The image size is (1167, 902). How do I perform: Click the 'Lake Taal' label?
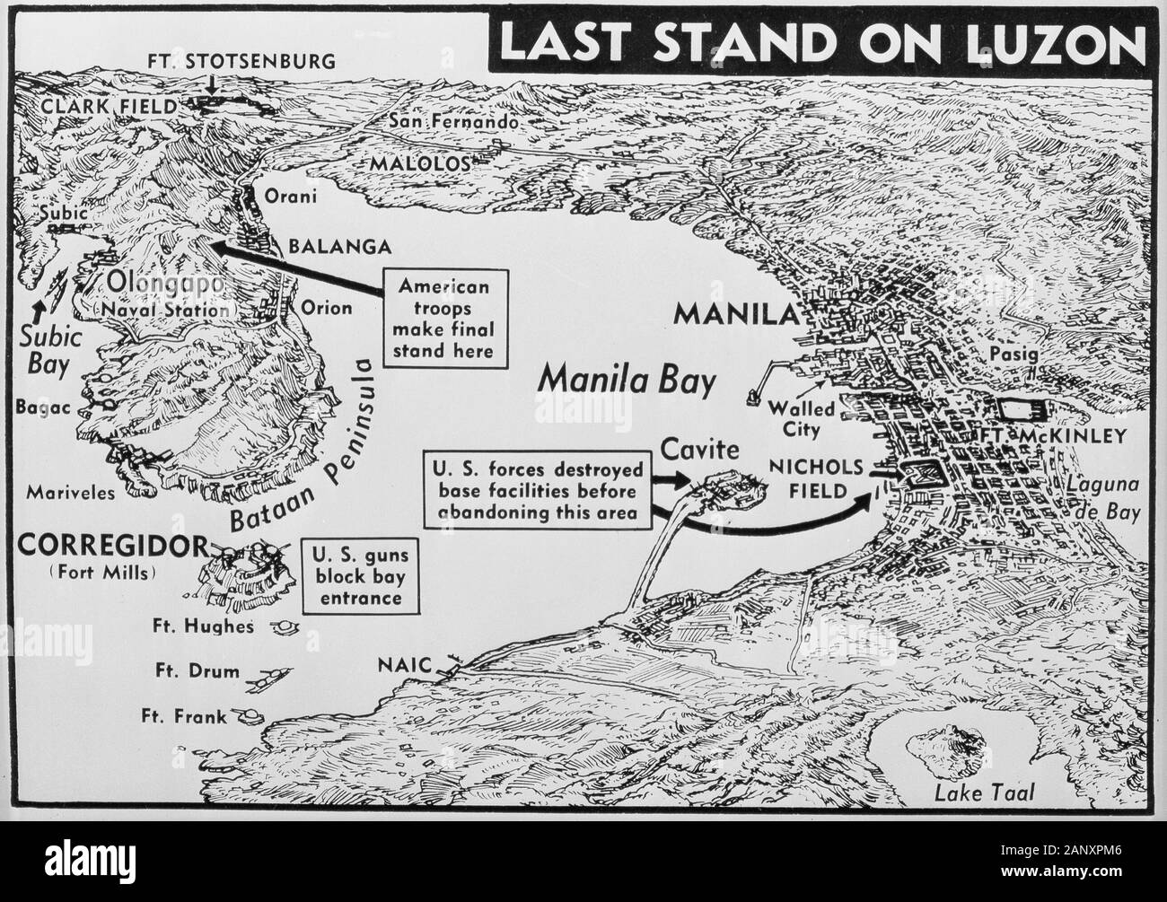pos(984,793)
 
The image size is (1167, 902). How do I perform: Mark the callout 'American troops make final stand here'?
pos(445,318)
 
